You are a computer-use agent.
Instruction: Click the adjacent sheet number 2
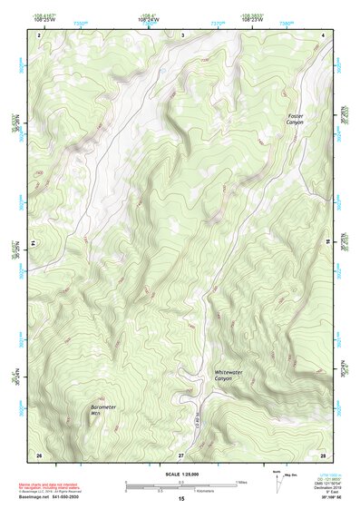(x=39, y=34)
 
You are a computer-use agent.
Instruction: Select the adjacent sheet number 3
(x=182, y=34)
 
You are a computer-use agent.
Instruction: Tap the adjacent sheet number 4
(x=324, y=34)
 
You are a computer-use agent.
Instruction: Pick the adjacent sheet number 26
(x=39, y=454)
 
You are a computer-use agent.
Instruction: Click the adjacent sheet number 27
(x=181, y=454)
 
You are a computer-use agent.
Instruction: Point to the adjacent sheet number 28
(x=323, y=454)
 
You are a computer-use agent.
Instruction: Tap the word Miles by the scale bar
(x=241, y=482)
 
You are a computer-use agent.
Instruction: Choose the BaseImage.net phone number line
(x=50, y=500)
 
